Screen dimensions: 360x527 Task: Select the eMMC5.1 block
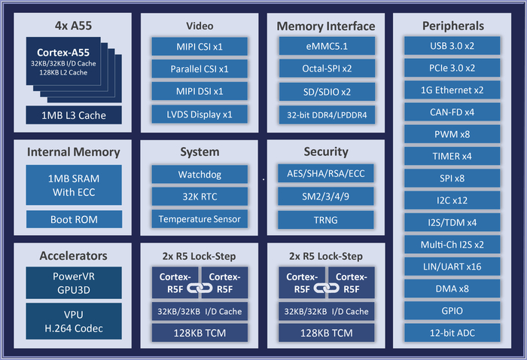[326, 47]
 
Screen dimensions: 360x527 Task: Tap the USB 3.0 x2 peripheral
[452, 47]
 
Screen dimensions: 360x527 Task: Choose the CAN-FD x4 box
[452, 112]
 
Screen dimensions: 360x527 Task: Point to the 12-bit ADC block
[452, 332]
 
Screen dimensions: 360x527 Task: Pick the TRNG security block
[326, 220]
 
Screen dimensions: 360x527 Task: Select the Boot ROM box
[74, 220]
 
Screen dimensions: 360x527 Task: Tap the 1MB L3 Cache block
[74, 115]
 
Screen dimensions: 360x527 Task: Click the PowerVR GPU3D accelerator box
[74, 282]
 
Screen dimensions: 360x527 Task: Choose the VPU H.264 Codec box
[74, 322]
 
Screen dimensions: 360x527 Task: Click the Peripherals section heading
[452, 26]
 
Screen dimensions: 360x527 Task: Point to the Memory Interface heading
[326, 26]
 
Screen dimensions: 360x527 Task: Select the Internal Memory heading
[74, 152]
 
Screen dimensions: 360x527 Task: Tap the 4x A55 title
[74, 26]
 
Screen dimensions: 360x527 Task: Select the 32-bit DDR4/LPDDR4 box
[326, 115]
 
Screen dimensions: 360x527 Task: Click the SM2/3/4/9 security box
[326, 197]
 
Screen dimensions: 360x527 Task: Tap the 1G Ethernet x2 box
[452, 90]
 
